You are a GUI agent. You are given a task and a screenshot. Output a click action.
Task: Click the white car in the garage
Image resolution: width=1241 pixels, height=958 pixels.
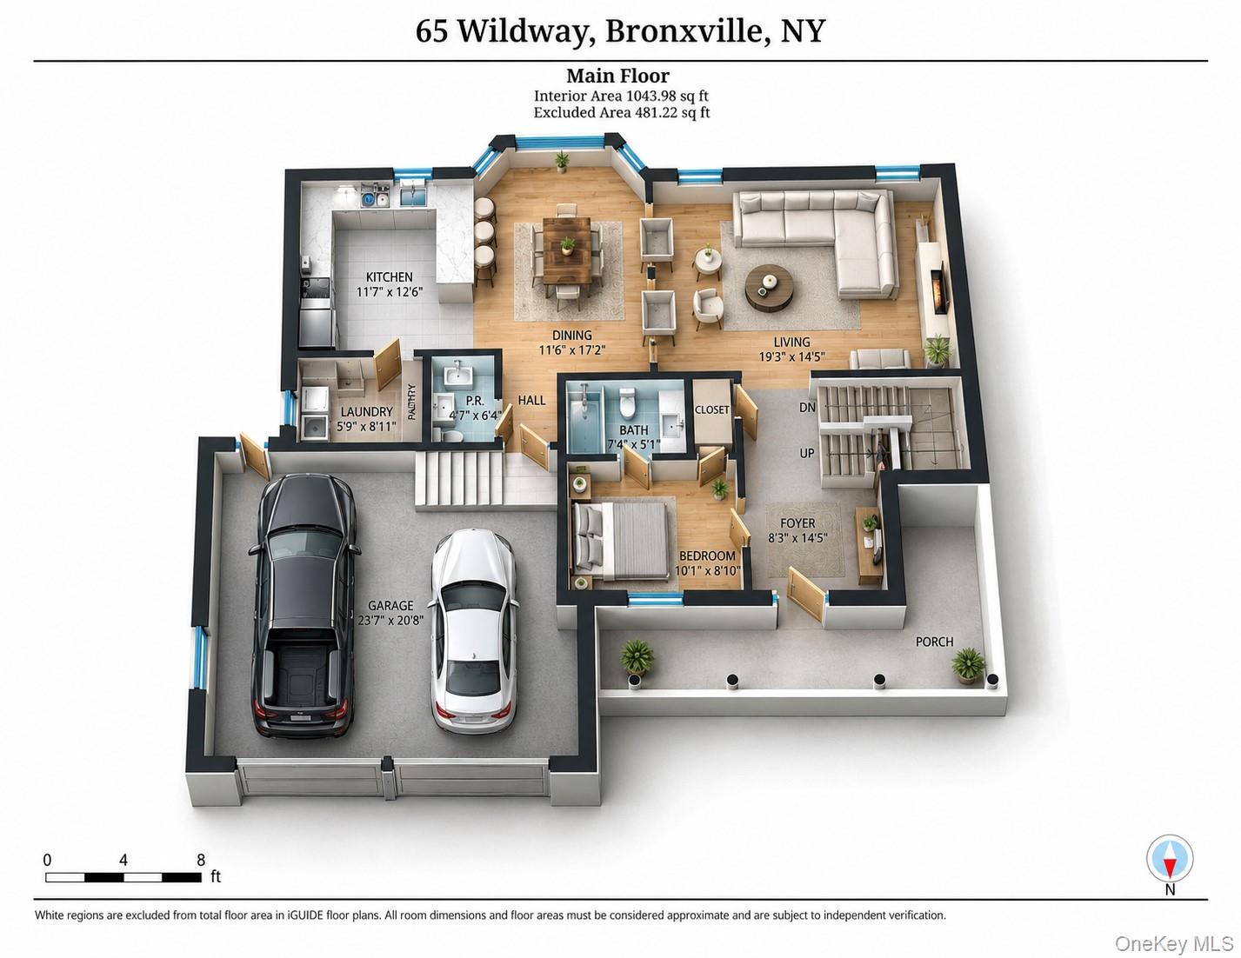475,631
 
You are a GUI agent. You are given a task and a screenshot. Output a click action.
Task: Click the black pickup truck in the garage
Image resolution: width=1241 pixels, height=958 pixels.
304,606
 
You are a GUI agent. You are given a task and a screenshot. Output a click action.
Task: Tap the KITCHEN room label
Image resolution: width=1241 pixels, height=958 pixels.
389,277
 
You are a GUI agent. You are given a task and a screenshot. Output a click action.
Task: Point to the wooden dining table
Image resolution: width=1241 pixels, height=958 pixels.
567,250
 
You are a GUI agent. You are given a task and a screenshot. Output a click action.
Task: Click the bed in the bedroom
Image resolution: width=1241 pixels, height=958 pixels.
620,540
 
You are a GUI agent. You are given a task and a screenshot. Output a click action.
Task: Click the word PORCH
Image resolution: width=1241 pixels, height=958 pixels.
934,642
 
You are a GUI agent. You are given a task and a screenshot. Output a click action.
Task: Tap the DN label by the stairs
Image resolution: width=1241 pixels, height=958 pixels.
807,408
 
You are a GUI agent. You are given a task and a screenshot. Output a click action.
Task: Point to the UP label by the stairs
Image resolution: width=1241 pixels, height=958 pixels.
806,453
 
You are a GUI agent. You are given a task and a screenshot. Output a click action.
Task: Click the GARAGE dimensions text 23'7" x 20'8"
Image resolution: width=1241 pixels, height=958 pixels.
390,620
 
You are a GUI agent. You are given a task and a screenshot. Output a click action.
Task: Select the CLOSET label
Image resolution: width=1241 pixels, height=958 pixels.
711,410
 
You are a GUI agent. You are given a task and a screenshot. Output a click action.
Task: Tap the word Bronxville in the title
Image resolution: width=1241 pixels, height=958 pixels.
684,30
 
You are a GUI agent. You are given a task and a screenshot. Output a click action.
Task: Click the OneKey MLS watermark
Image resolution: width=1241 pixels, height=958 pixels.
1173,943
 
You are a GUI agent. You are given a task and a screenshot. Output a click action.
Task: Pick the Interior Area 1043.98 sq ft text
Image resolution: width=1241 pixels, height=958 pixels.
621,96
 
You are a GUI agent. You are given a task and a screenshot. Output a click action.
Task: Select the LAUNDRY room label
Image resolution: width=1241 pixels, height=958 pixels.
366,412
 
